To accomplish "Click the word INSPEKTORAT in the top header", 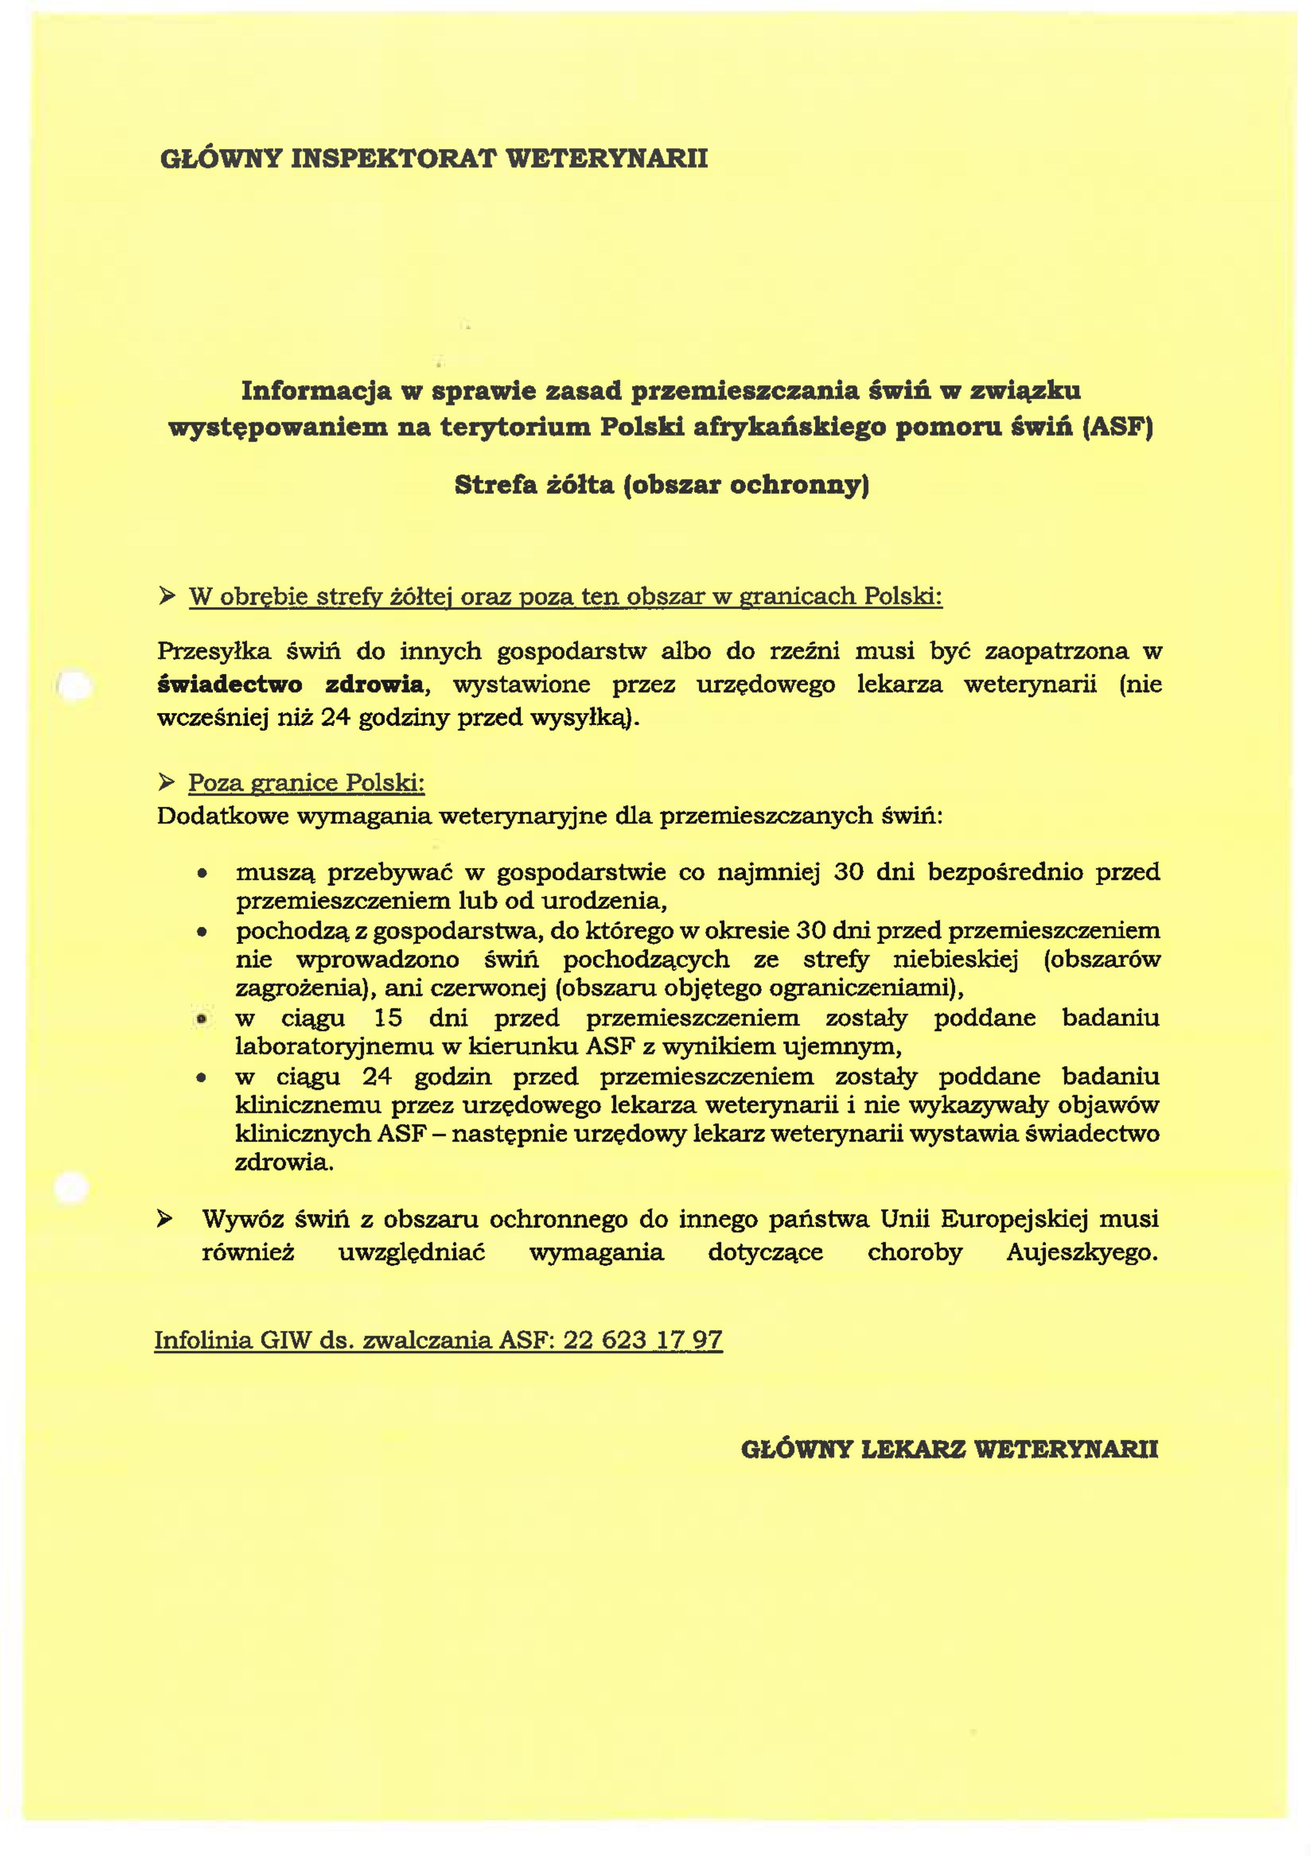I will pyautogui.click(x=393, y=158).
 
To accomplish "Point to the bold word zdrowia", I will pyautogui.click(x=374, y=685).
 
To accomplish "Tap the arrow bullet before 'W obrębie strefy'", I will pyautogui.click(x=167, y=597).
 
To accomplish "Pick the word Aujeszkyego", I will pyautogui.click(x=1082, y=1253).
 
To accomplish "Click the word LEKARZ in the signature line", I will pyautogui.click(x=913, y=1449).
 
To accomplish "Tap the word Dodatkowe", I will pyautogui.click(x=223, y=815).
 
